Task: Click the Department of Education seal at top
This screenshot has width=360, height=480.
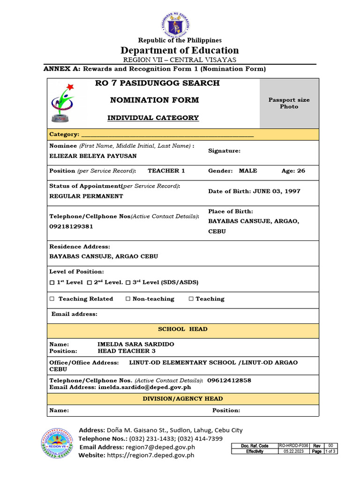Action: pyautogui.click(x=180, y=25)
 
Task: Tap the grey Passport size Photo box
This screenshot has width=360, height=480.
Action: pyautogui.click(x=289, y=103)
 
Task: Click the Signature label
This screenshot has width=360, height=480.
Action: pyautogui.click(x=224, y=151)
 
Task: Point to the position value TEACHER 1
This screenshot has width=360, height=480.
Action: pyautogui.click(x=166, y=171)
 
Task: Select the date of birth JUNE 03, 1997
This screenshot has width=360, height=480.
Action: pyautogui.click(x=277, y=191)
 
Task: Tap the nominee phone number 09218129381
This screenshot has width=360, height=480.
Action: pyautogui.click(x=71, y=226)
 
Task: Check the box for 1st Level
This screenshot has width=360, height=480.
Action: pyautogui.click(x=52, y=283)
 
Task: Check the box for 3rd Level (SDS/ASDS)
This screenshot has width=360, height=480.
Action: pyautogui.click(x=128, y=283)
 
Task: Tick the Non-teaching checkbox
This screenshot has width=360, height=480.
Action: pyautogui.click(x=128, y=299)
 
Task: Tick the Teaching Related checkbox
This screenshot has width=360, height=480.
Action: pyautogui.click(x=52, y=299)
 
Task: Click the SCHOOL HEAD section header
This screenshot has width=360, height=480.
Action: pyautogui.click(x=182, y=329)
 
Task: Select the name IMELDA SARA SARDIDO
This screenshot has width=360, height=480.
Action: pyautogui.click(x=135, y=344)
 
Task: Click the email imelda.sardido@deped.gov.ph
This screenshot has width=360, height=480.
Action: pyautogui.click(x=144, y=388)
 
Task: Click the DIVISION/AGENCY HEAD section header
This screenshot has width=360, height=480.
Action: pyautogui.click(x=182, y=399)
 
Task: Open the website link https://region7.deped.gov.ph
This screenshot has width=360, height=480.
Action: pyautogui.click(x=150, y=455)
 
